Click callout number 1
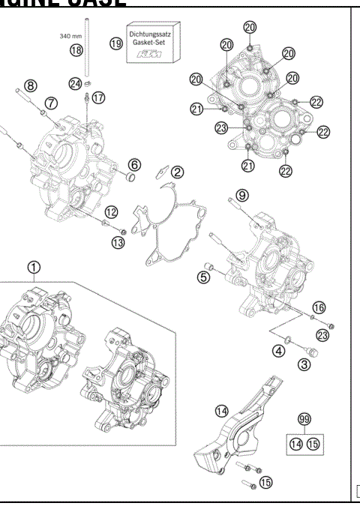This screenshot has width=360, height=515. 33,267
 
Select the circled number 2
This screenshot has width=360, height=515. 177,172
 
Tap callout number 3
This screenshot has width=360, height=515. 304,365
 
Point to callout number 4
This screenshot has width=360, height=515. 278,350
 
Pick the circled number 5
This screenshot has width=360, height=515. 202,277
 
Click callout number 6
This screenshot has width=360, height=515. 133,164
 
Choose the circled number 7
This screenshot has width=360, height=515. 50,102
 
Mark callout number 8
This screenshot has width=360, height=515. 31,85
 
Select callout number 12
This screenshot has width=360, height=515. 110,211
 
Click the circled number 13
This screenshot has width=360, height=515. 118,241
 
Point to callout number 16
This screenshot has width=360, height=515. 319,307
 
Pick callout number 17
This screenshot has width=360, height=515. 99,98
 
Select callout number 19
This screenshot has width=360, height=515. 115,44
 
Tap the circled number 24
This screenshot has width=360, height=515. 76,84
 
